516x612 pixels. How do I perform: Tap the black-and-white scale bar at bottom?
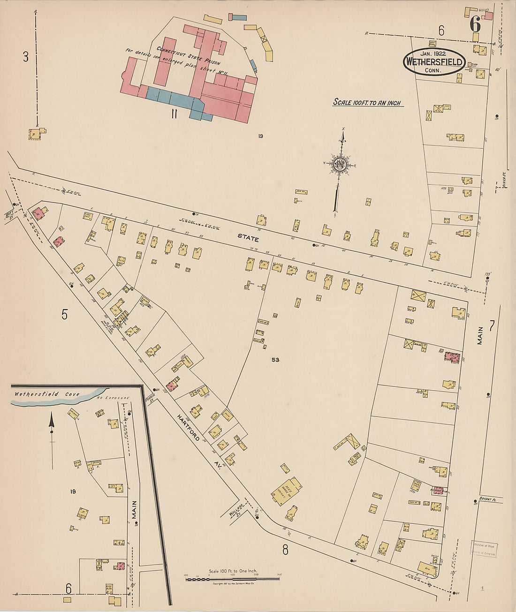click(233, 579)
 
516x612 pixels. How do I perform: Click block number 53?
click(275, 360)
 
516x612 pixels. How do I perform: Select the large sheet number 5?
click(64, 315)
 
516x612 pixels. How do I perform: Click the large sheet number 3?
click(26, 57)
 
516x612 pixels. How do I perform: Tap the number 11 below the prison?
click(174, 113)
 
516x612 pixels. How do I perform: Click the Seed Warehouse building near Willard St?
click(286, 491)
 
